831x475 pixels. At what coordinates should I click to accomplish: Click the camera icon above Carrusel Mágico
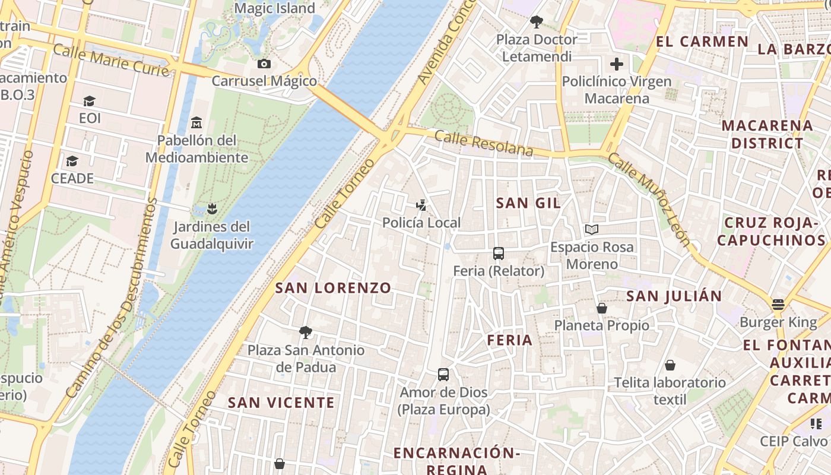(x=264, y=64)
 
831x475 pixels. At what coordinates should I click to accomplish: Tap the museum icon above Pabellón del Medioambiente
(x=196, y=123)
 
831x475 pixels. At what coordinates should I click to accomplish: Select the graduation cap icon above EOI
(x=89, y=101)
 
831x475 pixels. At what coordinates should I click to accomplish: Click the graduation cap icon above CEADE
(x=72, y=161)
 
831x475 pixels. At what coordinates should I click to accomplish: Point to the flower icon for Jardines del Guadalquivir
(x=211, y=209)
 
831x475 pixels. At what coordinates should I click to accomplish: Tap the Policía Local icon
(x=421, y=205)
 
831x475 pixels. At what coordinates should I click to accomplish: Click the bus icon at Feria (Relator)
(x=498, y=254)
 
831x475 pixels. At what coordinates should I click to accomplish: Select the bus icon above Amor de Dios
(x=443, y=375)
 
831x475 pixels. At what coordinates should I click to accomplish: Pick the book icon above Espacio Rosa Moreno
(x=591, y=229)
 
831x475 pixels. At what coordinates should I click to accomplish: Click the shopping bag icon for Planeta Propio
(x=601, y=308)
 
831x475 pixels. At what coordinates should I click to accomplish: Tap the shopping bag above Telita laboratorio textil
(x=670, y=365)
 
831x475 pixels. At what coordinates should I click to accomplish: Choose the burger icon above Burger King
(x=778, y=305)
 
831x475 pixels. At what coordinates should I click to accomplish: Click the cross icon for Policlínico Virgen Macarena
(x=617, y=64)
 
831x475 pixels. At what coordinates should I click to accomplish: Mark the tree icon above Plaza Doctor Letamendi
(x=537, y=22)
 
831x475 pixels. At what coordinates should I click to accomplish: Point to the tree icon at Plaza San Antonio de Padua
(x=306, y=332)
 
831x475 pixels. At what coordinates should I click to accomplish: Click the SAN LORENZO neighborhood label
(x=333, y=288)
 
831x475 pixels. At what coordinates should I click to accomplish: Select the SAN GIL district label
(x=528, y=203)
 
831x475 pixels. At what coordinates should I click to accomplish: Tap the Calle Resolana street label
(x=484, y=143)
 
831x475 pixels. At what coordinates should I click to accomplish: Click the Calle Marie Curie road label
(x=112, y=60)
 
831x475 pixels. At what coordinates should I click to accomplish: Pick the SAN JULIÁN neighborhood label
(x=674, y=296)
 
